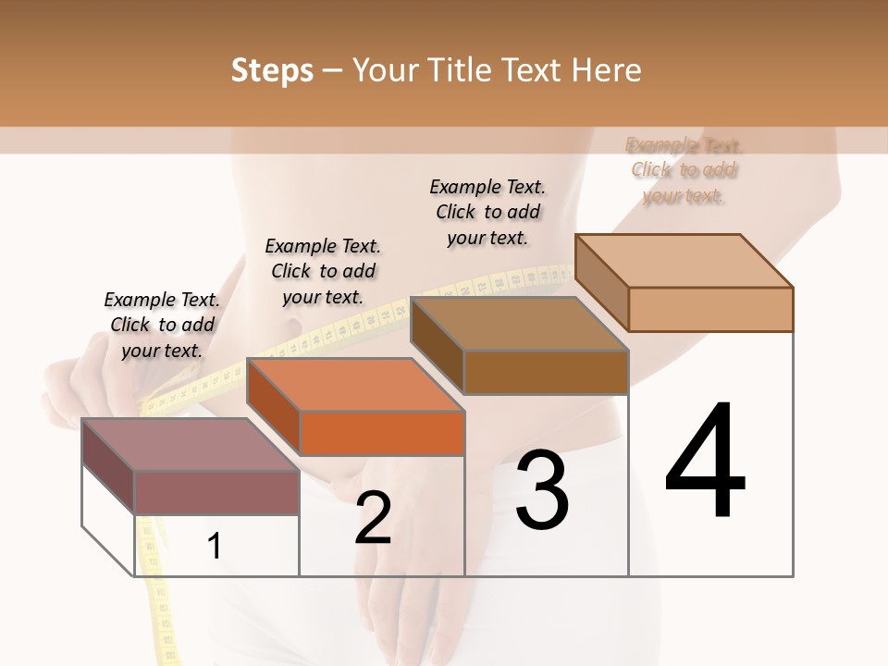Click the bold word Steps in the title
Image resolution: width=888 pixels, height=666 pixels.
pos(272,70)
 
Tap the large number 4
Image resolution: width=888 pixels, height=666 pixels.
pos(705,463)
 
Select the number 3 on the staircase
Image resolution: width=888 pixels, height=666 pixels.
pos(541,490)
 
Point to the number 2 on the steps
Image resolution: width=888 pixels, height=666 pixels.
pos(373,519)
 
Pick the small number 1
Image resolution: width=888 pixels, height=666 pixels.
pos(215,547)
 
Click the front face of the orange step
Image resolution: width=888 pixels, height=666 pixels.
pos(382,433)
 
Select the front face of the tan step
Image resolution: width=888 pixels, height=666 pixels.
pos(710,309)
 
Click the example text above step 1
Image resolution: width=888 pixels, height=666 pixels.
pos(162,325)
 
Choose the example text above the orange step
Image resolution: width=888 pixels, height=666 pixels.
pos(323,271)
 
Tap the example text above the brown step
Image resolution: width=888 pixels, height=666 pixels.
pos(487,212)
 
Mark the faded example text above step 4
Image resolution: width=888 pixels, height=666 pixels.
pos(684,170)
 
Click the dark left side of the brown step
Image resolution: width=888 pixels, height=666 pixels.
pos(437,346)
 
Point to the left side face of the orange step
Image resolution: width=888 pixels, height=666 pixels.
pos(274,408)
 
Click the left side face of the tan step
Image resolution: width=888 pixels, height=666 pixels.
pos(601,282)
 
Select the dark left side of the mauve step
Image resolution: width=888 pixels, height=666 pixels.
pos(108,466)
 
